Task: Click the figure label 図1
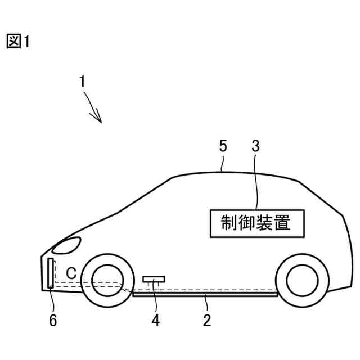coord(17,41)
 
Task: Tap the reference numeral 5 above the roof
coord(223,147)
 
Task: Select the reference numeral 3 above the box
coord(255,147)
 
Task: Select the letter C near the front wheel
coord(71,273)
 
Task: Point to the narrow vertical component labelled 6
coord(51,273)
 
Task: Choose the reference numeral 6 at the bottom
coord(53,321)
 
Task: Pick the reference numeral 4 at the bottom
coord(155,321)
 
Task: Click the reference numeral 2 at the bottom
coord(206,321)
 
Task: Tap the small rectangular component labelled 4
coord(154,278)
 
